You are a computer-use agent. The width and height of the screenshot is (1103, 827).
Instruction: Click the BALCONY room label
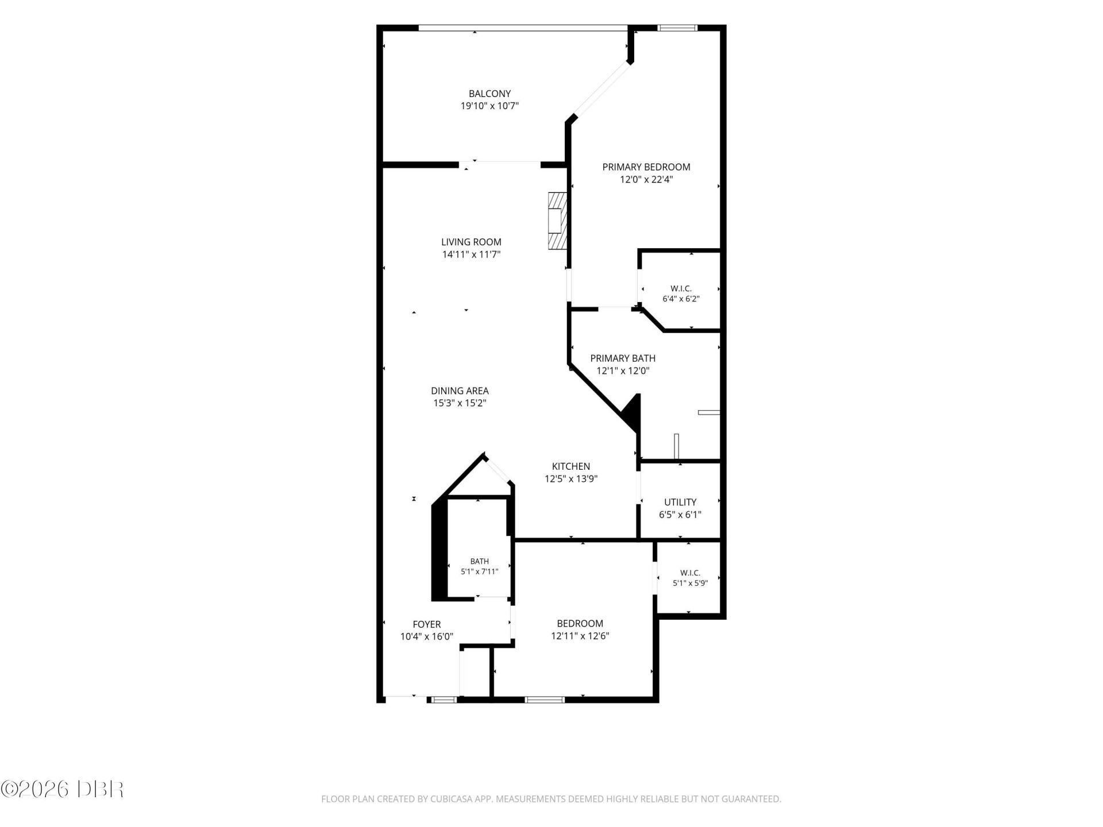pos(489,94)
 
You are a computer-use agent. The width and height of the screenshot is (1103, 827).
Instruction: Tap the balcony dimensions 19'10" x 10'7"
pos(489,106)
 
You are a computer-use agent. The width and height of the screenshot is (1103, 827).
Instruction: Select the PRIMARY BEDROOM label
pos(646,167)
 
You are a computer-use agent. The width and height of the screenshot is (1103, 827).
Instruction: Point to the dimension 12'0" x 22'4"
pos(646,179)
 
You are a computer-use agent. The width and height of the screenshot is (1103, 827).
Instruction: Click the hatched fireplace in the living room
pos(557,221)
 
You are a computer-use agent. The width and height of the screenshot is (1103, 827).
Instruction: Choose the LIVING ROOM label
pos(471,242)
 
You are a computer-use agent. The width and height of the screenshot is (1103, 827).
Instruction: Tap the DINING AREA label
pos(460,391)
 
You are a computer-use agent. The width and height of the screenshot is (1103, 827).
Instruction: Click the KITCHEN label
pos(571,466)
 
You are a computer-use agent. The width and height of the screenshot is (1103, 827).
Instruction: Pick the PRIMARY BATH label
pos(623,358)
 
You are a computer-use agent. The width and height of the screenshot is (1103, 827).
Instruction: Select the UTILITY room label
pos(680,502)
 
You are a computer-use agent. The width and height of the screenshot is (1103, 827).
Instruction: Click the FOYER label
pos(427,624)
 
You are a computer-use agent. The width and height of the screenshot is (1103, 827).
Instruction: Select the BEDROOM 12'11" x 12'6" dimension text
pos(580,636)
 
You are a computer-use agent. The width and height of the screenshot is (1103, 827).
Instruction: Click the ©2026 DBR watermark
pos(62,789)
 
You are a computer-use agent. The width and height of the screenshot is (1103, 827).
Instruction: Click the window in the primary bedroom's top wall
pos(677,27)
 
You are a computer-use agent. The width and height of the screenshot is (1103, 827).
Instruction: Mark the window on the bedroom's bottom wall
pos(545,700)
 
